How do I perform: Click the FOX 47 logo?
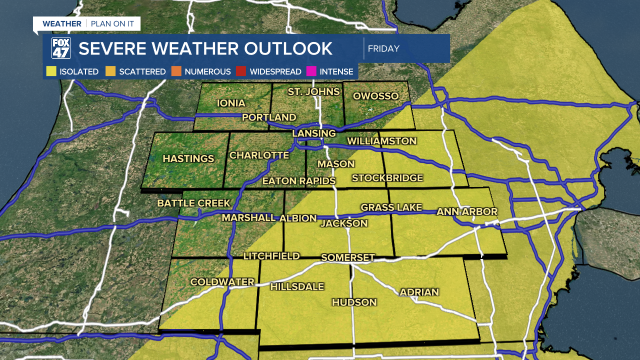pos(61,48)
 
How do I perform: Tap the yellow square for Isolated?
pos(51,71)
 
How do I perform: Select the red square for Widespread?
pos(241,71)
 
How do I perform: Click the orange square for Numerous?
pos(176,71)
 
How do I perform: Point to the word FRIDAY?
pos(383,49)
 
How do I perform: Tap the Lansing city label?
pos(313,133)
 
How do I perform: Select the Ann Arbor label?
pos(467,212)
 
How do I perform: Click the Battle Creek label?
pos(193,203)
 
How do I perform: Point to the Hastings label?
pos(188,159)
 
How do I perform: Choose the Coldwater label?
pos(222,282)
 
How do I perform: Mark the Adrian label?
pos(419,292)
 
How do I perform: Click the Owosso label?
pos(375,96)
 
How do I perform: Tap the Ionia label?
pos(231,103)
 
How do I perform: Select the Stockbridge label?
pos(387,178)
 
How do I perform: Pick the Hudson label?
pos(354,302)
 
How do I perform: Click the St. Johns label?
pos(313,91)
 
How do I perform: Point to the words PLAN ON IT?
pos(113,24)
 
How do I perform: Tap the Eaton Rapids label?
pos(298,181)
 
